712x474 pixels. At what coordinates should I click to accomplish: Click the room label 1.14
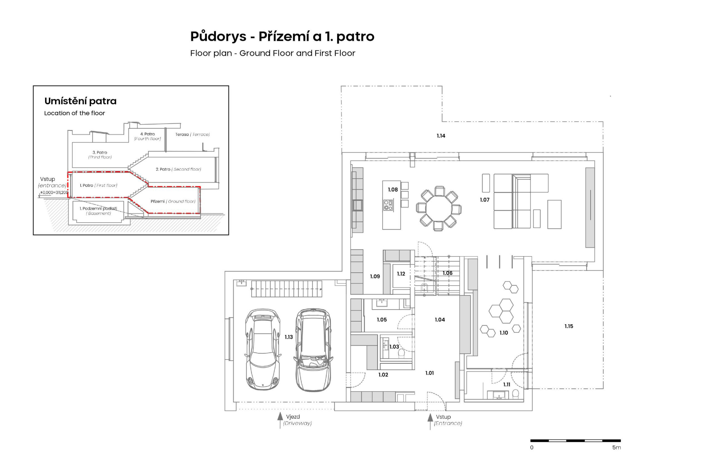coord(441,136)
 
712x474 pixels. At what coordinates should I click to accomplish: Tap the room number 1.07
coord(484,199)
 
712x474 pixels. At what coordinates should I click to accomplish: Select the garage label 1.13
coord(288,337)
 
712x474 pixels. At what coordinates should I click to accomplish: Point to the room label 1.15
coord(568,326)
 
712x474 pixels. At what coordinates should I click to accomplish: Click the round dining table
coord(439,209)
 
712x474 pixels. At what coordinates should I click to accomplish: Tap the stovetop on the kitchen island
coord(388,205)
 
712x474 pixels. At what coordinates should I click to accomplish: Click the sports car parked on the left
coord(263,349)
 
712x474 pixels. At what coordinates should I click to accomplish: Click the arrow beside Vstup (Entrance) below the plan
coord(430,421)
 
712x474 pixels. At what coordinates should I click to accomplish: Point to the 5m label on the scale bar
coord(616,447)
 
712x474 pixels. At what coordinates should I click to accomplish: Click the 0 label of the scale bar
coord(532,447)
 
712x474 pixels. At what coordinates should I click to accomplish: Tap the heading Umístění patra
coord(80,101)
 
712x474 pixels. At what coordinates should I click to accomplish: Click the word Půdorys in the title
coord(214,37)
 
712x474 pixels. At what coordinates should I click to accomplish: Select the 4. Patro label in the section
coord(147,134)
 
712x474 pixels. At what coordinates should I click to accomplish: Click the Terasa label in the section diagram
coord(182,134)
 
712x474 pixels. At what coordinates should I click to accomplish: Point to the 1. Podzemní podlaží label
coord(98,209)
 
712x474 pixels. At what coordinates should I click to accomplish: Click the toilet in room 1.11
coord(516,393)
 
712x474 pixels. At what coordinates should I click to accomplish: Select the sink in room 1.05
coord(381,302)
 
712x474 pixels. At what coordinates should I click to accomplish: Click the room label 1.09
coord(375,276)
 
